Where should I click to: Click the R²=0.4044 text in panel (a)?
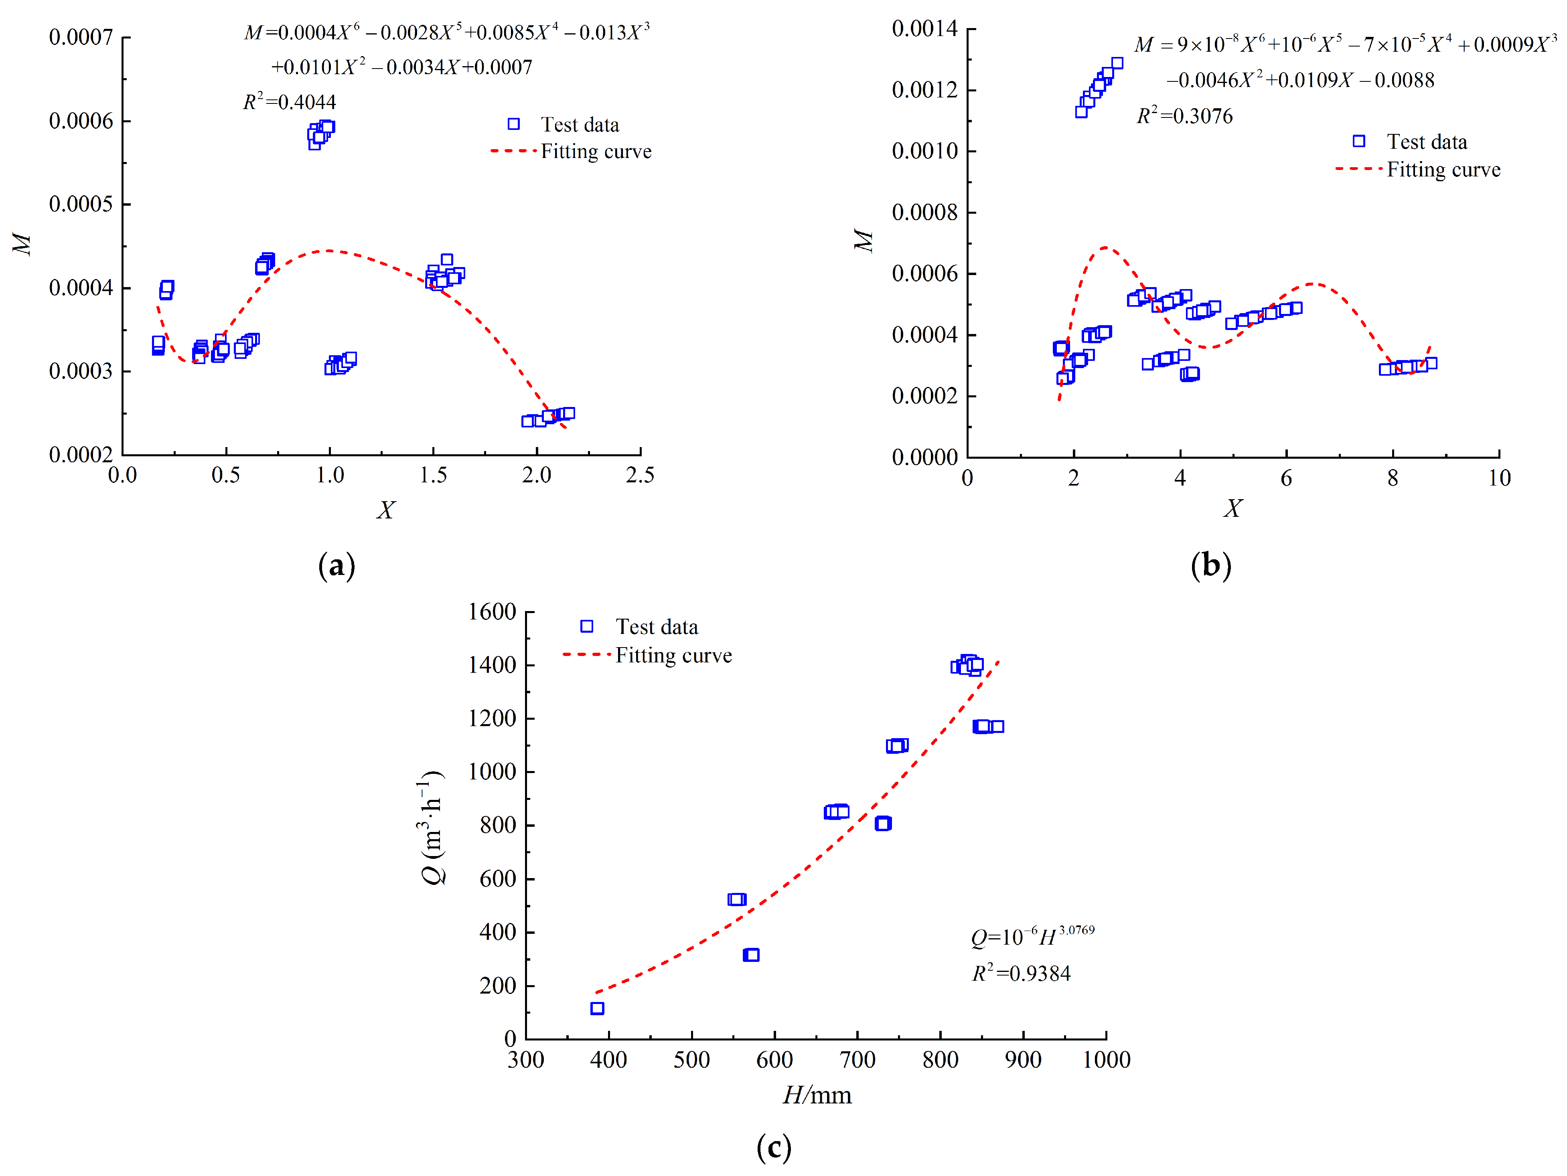(289, 102)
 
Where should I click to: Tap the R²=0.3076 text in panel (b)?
(1184, 116)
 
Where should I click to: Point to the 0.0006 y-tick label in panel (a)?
(81, 121)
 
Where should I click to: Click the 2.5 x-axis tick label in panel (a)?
(640, 475)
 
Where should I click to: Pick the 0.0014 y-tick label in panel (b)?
(924, 29)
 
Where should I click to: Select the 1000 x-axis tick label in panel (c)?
(1106, 1060)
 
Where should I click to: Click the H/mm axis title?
(817, 1095)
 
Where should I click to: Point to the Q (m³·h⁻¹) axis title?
(432, 826)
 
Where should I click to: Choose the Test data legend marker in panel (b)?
(1359, 142)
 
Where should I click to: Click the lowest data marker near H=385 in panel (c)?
(597, 1008)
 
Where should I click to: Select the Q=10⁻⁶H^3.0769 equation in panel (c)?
(1032, 937)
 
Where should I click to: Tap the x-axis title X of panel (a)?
(385, 510)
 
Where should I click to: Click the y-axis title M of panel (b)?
(863, 241)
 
